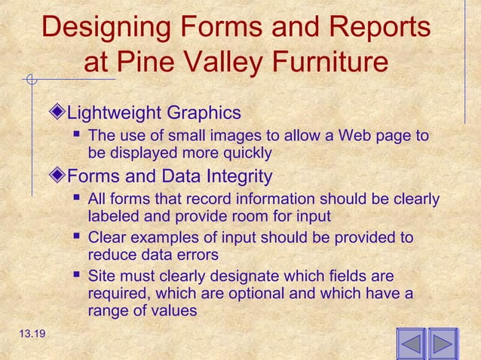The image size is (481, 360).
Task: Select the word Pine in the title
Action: click(x=148, y=62)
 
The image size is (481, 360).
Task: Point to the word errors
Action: click(x=198, y=255)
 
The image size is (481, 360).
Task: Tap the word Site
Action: click(x=101, y=276)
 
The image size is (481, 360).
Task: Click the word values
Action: click(x=174, y=310)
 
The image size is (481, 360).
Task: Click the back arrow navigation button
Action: click(x=411, y=344)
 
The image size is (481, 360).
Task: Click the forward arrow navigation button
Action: click(x=443, y=344)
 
